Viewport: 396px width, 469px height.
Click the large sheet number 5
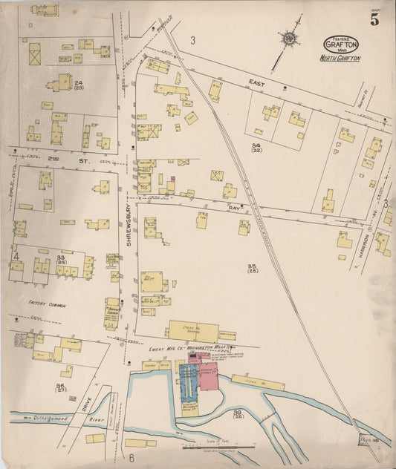click(x=374, y=20)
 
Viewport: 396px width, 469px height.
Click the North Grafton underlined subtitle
click(x=340, y=57)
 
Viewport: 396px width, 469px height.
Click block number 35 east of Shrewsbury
click(x=252, y=266)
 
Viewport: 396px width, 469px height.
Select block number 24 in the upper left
click(x=79, y=82)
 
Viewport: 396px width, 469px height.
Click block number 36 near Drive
click(x=60, y=387)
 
